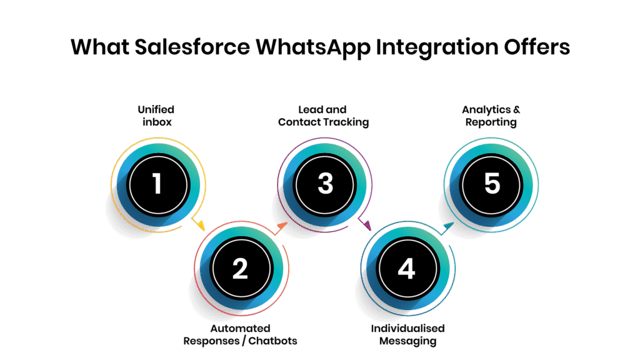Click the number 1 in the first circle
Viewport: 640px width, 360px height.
(156, 184)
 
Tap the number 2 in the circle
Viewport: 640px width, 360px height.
(240, 268)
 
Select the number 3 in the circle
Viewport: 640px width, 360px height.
(325, 184)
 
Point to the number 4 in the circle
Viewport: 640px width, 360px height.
(406, 268)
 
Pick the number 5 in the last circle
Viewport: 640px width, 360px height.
(492, 184)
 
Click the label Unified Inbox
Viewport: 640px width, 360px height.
(156, 116)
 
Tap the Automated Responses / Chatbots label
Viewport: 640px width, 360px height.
(240, 334)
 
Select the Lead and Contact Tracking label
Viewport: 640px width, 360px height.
(323, 116)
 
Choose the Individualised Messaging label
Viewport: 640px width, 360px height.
(407, 334)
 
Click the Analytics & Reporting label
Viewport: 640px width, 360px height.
(491, 116)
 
